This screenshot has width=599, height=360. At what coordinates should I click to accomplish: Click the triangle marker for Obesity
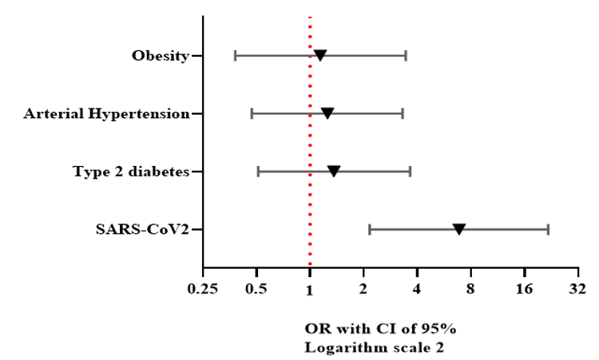coord(320,55)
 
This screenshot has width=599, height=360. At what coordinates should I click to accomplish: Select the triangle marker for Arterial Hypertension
coord(327,113)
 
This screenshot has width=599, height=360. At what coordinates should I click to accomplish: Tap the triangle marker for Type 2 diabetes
coord(334,171)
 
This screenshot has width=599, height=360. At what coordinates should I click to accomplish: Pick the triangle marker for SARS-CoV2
coord(459,229)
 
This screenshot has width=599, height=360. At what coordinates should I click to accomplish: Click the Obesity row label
coord(161,56)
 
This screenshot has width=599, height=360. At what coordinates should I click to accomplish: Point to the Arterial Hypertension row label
coord(106,114)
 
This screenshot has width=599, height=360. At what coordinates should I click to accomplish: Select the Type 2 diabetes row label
coord(131,172)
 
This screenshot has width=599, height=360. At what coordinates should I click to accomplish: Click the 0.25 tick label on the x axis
coord(203,288)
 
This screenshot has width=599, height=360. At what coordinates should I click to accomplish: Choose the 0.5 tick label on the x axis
coord(256,288)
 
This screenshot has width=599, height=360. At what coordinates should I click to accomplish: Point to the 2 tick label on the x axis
coord(363,288)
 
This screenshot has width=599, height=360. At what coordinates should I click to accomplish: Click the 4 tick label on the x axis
coord(417,288)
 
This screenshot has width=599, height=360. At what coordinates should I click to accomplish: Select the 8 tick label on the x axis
coord(470,288)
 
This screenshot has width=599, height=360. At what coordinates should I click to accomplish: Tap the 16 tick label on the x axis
coord(524,288)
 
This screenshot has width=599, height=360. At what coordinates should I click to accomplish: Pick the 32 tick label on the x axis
coord(577,288)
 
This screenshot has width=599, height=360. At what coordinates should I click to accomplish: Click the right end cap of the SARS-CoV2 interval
coord(548,229)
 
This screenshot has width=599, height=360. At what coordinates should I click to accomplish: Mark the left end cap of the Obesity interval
coord(235,55)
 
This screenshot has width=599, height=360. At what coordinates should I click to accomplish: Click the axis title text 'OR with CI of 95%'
coord(380,329)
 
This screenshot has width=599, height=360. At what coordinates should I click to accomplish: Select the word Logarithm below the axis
coord(339,347)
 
